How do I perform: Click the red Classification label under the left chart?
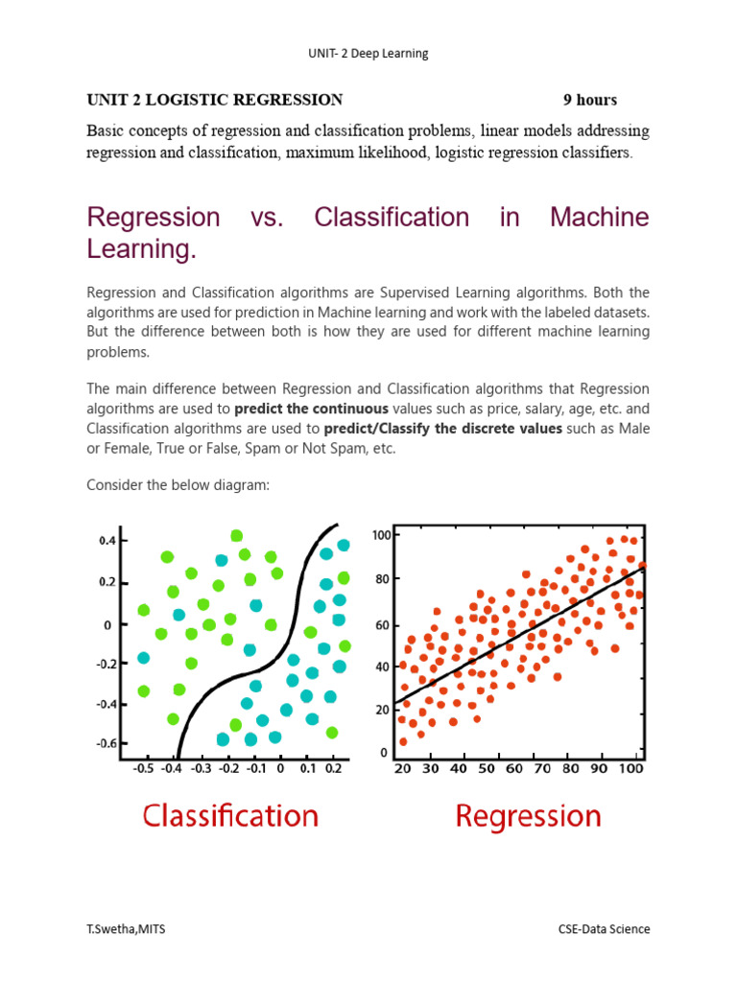(230, 816)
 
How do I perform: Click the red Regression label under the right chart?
(528, 816)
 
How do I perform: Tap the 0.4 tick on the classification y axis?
(107, 541)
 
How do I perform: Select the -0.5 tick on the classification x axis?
(143, 768)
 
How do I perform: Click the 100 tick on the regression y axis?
(380, 534)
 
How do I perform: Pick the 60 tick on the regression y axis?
(383, 625)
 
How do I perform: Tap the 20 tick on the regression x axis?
(402, 768)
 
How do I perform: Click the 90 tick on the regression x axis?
(600, 768)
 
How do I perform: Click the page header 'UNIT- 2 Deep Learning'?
(368, 54)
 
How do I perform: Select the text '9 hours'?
(589, 100)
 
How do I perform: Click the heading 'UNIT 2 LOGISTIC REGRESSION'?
(214, 100)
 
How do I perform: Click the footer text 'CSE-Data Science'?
(604, 929)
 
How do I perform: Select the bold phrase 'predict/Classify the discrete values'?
(442, 429)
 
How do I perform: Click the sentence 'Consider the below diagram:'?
(178, 485)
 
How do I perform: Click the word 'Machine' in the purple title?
(600, 218)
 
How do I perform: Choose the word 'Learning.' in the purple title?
(141, 249)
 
